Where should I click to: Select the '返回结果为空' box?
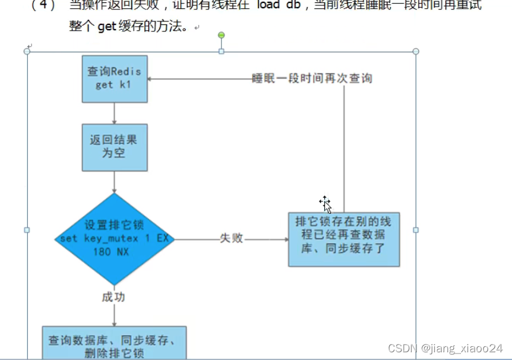(114, 147)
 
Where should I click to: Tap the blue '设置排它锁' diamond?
(113, 239)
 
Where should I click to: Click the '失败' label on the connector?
(232, 239)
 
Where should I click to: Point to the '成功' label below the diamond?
(113, 297)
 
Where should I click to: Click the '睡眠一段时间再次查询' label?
(312, 78)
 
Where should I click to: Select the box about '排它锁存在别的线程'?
(344, 239)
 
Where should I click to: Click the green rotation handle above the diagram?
(222, 36)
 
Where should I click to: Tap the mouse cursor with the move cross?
(325, 204)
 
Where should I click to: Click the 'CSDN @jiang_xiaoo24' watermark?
(445, 348)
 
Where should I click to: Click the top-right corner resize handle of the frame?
(416, 52)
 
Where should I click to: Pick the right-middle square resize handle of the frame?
(416, 230)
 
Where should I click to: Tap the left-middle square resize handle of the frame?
(27, 230)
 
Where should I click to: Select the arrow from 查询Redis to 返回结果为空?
(113, 113)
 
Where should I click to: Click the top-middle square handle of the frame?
(222, 52)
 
